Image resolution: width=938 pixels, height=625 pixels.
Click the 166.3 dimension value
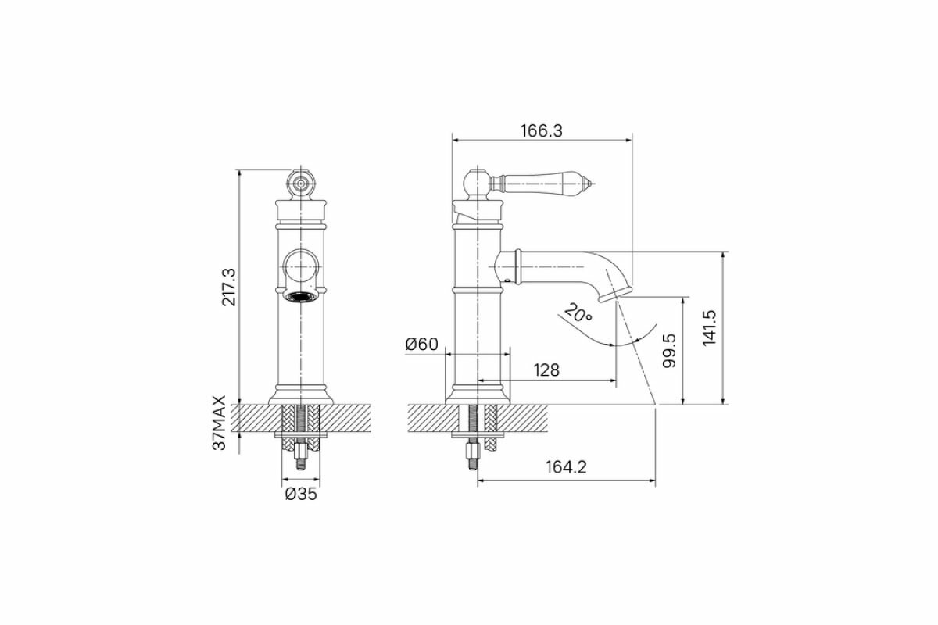pyautogui.click(x=542, y=131)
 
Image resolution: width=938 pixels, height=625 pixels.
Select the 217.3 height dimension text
pyautogui.click(x=230, y=287)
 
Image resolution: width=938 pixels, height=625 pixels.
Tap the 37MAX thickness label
pyautogui.click(x=219, y=423)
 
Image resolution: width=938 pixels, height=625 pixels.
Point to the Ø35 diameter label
pyautogui.click(x=301, y=494)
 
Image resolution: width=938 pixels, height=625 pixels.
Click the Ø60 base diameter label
pyautogui.click(x=421, y=344)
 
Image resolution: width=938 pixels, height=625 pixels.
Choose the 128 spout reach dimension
pyautogui.click(x=546, y=370)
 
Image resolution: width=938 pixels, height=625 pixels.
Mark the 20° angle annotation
pyautogui.click(x=578, y=313)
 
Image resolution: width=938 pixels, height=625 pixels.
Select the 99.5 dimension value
pyautogui.click(x=670, y=350)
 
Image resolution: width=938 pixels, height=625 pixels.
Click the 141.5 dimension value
pyautogui.click(x=710, y=328)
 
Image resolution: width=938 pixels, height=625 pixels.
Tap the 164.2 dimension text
pyautogui.click(x=566, y=466)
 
